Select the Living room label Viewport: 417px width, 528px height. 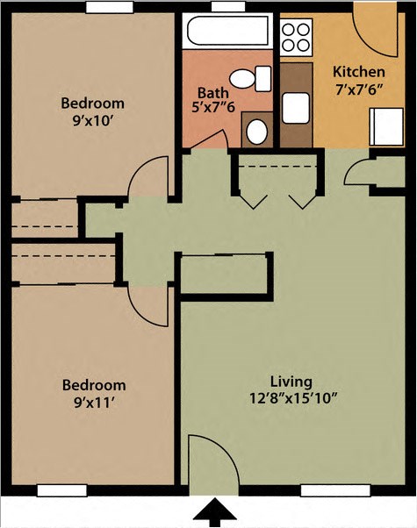(x=291, y=382)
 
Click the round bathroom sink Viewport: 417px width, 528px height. (x=256, y=132)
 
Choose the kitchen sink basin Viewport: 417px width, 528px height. (x=295, y=108)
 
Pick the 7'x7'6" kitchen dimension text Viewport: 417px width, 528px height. (x=360, y=90)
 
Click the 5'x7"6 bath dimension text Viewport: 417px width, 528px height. (x=212, y=108)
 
